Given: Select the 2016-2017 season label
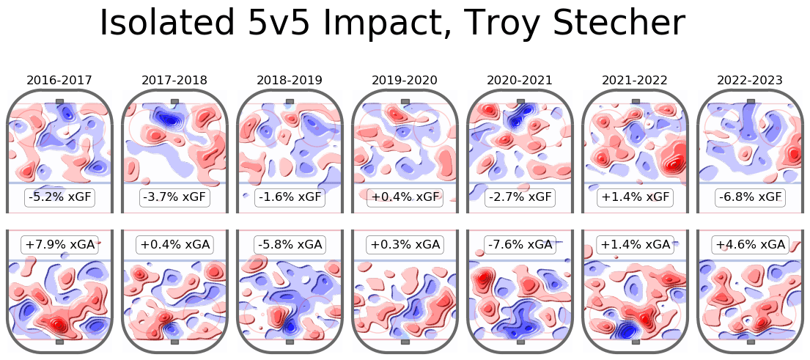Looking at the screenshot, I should [x=59, y=80].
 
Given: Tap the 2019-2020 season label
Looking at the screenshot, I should [x=405, y=80].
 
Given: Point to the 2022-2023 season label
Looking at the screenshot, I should [x=750, y=80].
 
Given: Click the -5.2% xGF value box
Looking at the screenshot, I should [x=59, y=197].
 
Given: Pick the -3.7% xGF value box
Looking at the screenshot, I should [x=174, y=197].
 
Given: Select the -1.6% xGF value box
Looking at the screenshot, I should [x=290, y=197].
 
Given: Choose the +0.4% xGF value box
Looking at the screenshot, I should [x=405, y=197].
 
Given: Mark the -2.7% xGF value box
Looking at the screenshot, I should [x=520, y=197].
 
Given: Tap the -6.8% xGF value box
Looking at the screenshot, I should [x=750, y=197].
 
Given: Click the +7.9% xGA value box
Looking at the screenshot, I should [x=59, y=245].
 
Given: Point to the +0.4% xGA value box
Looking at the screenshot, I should [x=174, y=245].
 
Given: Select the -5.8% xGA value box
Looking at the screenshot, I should [x=290, y=245].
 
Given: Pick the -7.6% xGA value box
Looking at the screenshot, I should [x=520, y=245].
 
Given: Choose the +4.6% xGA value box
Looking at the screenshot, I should [x=750, y=245].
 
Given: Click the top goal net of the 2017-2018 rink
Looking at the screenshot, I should [x=174, y=101].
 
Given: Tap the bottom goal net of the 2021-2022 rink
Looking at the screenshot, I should [x=635, y=341].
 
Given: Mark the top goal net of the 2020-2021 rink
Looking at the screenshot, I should [x=520, y=101].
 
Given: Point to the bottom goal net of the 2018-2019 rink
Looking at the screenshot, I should [x=290, y=341].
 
